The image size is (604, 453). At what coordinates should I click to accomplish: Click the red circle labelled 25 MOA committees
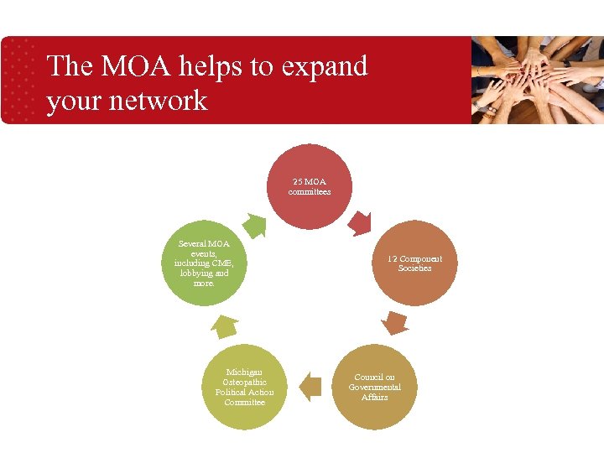[x=309, y=186]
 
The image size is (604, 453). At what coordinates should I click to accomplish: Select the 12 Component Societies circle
[x=414, y=263]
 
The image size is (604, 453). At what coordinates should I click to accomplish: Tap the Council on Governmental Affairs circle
[x=374, y=387]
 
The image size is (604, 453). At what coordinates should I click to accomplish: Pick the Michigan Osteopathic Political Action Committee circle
[x=244, y=387]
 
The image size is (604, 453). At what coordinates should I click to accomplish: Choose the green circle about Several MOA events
[x=204, y=263]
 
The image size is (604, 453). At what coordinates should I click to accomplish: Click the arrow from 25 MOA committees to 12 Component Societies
[x=360, y=222]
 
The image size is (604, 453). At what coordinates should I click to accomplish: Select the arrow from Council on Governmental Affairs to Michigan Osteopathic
[x=310, y=385]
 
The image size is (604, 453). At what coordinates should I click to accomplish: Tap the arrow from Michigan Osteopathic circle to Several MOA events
[x=224, y=325]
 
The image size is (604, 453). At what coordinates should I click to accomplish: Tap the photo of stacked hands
[x=538, y=81]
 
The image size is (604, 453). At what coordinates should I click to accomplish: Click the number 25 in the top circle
[x=297, y=181]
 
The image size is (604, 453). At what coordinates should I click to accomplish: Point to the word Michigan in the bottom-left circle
[x=244, y=372]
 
